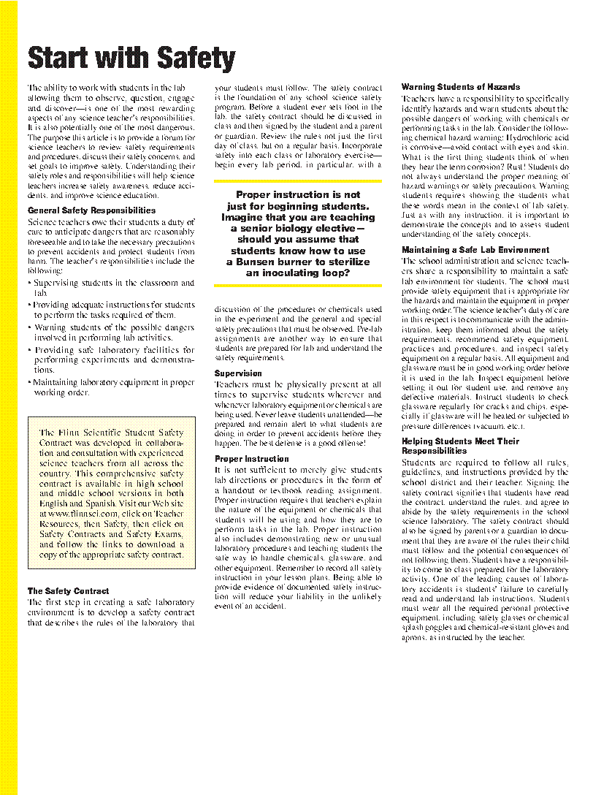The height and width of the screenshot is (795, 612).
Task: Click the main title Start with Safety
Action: (x=131, y=58)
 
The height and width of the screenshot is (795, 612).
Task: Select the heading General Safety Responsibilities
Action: (x=91, y=210)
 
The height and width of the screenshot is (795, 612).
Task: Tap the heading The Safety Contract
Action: (x=68, y=591)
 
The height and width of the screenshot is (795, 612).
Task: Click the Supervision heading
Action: (x=238, y=373)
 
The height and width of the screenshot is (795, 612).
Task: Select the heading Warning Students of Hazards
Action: (x=461, y=87)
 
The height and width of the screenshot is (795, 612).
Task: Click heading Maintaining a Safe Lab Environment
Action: (x=475, y=250)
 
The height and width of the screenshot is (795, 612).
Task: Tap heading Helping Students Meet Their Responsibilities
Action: (x=460, y=446)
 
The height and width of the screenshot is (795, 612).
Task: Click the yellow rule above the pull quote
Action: (x=298, y=180)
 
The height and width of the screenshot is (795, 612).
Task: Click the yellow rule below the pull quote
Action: (x=298, y=285)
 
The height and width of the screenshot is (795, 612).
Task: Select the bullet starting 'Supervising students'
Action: (x=111, y=283)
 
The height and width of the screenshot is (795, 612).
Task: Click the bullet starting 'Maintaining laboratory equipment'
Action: (x=111, y=382)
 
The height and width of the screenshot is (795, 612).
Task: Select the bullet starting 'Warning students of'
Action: (x=111, y=328)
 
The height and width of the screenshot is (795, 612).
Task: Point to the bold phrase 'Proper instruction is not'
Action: (x=298, y=195)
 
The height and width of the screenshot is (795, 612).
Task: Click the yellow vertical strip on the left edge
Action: (x=8, y=397)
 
